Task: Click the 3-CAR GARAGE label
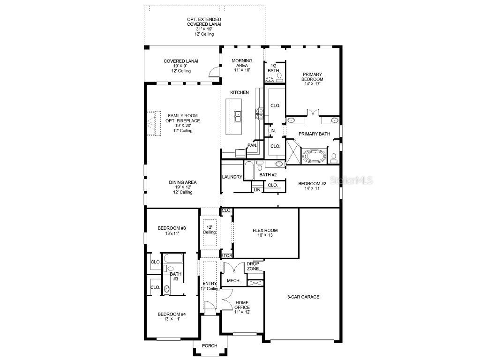(x=303, y=297)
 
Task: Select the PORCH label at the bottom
(x=210, y=346)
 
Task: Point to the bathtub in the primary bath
(x=313, y=156)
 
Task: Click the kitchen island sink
(x=238, y=114)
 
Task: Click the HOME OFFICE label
(x=242, y=307)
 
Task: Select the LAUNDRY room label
(x=232, y=177)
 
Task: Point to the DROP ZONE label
(x=253, y=266)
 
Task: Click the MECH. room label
(x=233, y=281)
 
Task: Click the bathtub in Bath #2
(x=248, y=171)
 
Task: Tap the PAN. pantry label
(x=252, y=145)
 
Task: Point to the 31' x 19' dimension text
(x=204, y=29)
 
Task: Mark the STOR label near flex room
(x=227, y=256)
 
